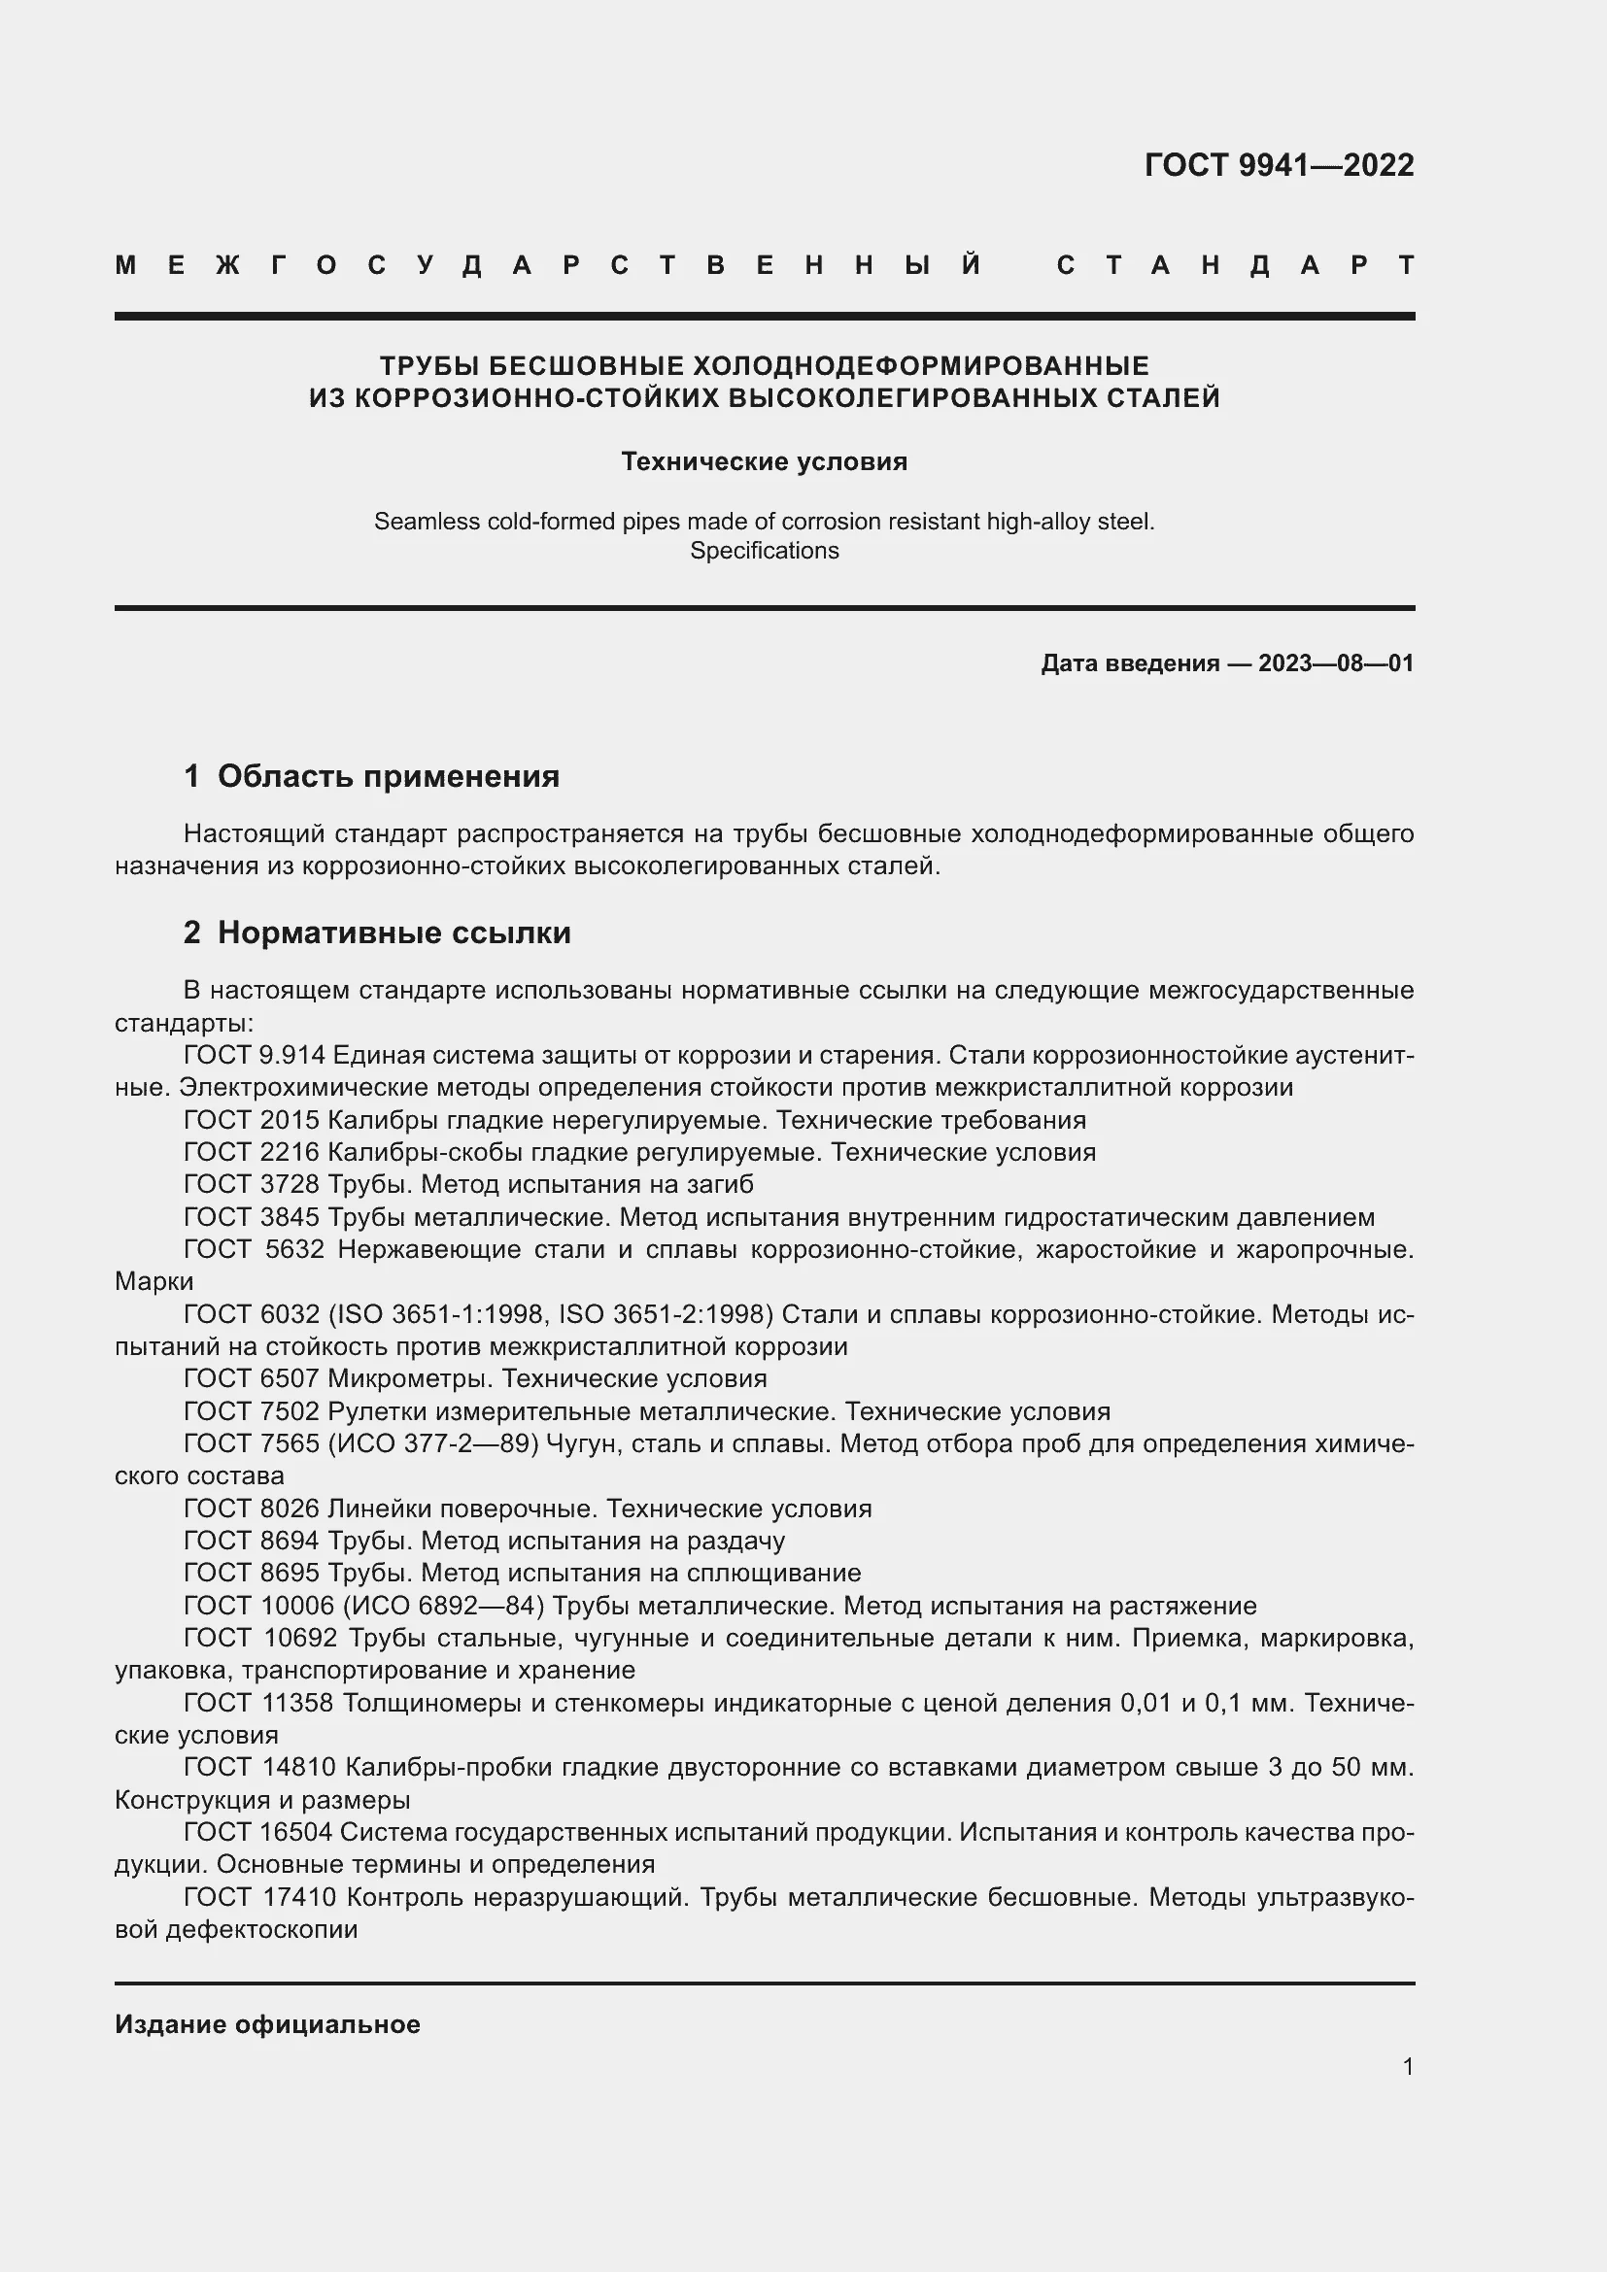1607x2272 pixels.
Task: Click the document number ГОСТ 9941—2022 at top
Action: click(1279, 164)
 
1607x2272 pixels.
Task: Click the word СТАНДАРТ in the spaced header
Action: click(1235, 265)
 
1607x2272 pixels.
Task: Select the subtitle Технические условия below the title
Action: click(764, 461)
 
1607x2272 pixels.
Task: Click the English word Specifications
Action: click(764, 550)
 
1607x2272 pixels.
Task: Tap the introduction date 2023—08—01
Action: click(1335, 663)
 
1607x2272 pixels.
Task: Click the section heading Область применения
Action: click(388, 776)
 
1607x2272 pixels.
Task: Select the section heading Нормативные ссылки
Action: click(393, 933)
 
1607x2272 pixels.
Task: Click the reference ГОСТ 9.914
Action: click(255, 1055)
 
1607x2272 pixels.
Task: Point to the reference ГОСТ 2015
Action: click(252, 1120)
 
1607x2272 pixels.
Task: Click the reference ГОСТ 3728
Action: click(252, 1184)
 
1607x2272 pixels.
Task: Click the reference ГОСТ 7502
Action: click(252, 1411)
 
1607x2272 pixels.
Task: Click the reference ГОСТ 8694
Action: click(252, 1541)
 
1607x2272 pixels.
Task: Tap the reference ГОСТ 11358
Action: click(258, 1702)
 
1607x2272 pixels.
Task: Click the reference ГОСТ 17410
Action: click(260, 1897)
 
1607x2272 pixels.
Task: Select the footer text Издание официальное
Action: click(267, 2024)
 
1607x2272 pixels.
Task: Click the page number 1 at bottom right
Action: click(1407, 2066)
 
